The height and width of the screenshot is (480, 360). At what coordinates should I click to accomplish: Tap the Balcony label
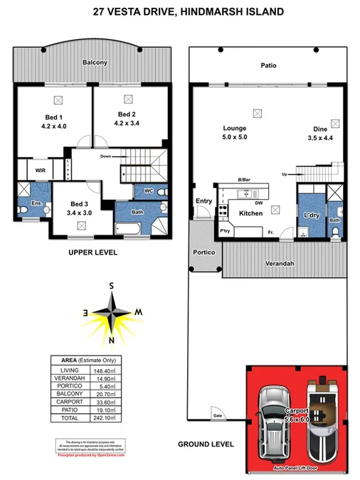94,63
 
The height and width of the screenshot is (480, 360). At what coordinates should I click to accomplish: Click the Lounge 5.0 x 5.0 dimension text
235,137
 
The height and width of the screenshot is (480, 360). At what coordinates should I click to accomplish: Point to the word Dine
319,129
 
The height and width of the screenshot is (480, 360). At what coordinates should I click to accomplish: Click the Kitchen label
250,213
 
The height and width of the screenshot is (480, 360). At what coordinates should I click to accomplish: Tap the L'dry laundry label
310,214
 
